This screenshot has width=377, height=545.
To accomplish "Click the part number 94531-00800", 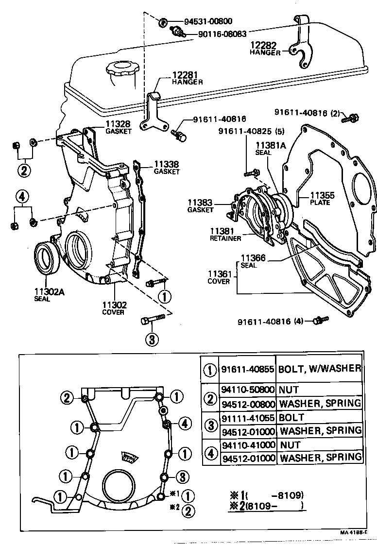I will point(208,21).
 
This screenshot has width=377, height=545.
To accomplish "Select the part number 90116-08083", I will point(222,34).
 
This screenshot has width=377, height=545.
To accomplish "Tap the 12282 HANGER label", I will point(266,48).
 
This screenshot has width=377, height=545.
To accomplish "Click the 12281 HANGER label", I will point(187,79).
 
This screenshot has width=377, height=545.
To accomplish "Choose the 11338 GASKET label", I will point(167,168).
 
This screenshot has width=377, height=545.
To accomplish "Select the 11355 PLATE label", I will point(319,199).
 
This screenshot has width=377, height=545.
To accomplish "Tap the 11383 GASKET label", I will point(200,206).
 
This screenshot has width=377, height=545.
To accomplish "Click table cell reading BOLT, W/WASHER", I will point(320,369).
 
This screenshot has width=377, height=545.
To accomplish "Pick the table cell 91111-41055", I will point(248,417).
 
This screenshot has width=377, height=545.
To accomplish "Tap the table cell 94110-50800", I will point(248,390).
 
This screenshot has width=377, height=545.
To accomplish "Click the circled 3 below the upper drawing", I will point(152,339).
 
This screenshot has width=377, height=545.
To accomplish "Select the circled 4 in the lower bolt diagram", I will point(184,424).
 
